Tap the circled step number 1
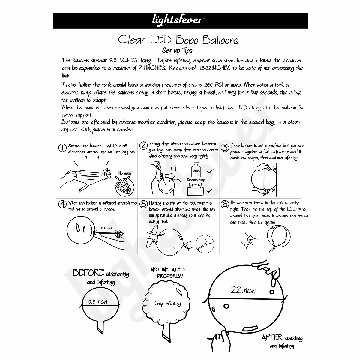click(62, 148)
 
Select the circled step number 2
click(144, 145)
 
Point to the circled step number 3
click(225, 148)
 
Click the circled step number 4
click(63, 205)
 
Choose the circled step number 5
click(144, 204)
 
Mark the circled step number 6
click(225, 204)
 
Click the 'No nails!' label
click(125, 173)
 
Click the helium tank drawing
click(196, 169)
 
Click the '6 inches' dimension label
click(106, 229)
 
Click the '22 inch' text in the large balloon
click(243, 290)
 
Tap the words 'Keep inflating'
click(167, 303)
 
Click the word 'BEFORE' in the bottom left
click(88, 272)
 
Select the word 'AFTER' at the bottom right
click(272, 338)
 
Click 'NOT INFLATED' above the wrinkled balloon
click(168, 269)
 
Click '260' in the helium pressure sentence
click(208, 85)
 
